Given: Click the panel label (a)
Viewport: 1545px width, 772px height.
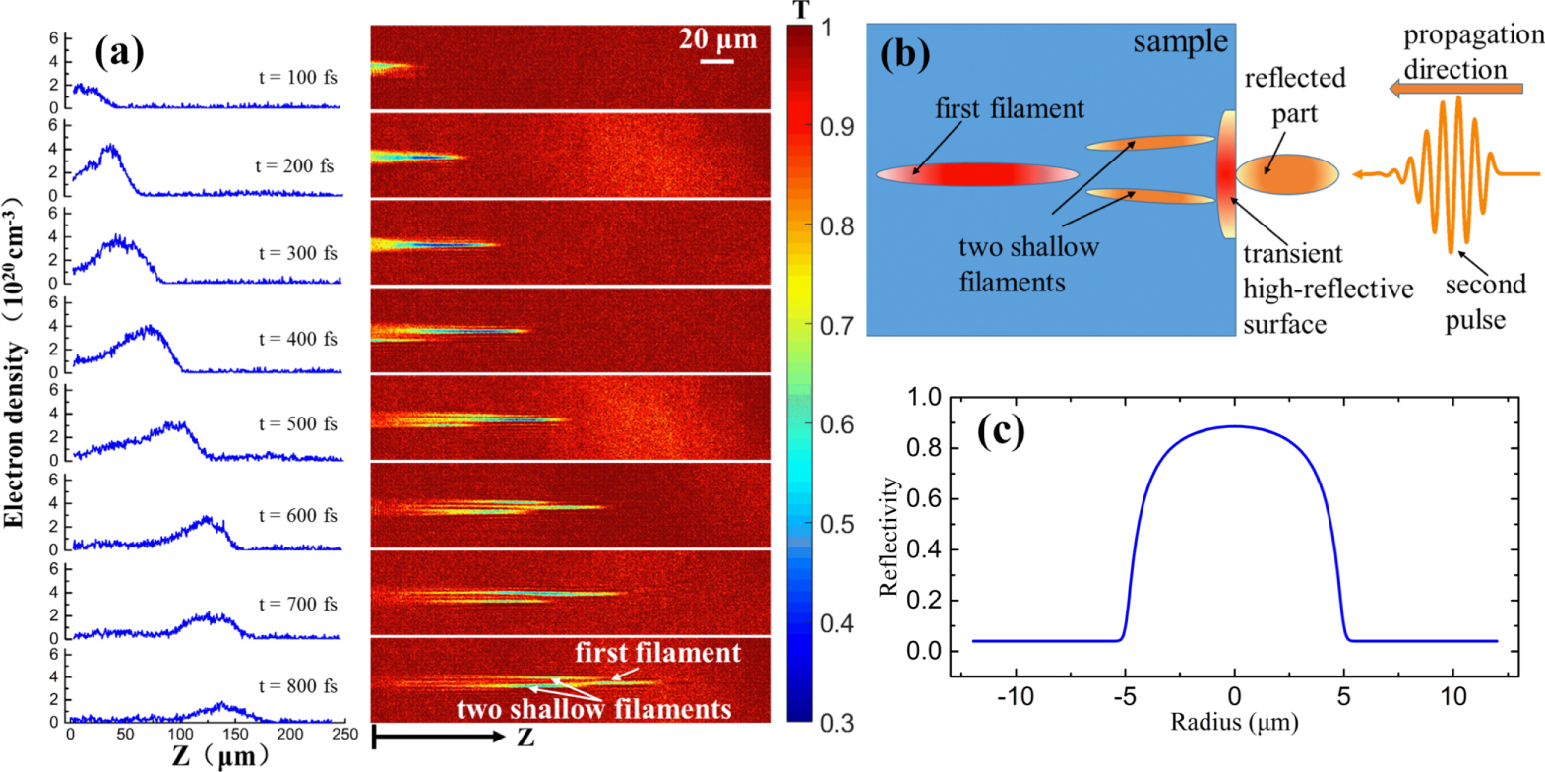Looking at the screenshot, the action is pos(119,51).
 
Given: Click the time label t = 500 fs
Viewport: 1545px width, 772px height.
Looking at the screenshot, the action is pos(297,423).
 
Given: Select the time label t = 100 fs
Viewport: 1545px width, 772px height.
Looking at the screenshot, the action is pos(297,77).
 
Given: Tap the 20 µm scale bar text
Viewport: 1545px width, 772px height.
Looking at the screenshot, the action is pos(717,39).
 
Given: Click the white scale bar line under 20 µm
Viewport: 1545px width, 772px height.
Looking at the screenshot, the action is pos(717,61).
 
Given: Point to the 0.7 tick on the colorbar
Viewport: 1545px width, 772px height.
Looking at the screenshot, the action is pos(836,325).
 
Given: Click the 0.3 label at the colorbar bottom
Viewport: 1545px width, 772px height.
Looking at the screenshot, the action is pos(836,723).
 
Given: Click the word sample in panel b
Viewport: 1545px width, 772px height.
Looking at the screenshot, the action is pos(1180,42).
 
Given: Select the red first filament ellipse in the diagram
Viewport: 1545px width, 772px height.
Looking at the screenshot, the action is pos(977,174).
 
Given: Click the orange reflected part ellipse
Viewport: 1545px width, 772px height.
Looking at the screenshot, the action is pos(1287,174).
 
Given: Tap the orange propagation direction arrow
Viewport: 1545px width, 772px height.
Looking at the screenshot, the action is pos(1455,89).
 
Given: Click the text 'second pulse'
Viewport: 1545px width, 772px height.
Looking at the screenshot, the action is pos(1484,301).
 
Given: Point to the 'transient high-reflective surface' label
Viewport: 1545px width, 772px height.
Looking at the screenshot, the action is pos(1327,289).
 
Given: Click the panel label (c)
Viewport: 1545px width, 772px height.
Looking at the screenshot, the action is pos(1001,430).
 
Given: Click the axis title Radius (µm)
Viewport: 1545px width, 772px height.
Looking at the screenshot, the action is pos(1234,723).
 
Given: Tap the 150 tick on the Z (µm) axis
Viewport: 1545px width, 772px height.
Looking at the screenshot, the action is pos(235,735).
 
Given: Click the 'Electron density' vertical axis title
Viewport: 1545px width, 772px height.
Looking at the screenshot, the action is pos(14,433).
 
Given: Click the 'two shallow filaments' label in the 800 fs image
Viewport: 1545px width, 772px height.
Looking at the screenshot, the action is pos(593,709).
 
